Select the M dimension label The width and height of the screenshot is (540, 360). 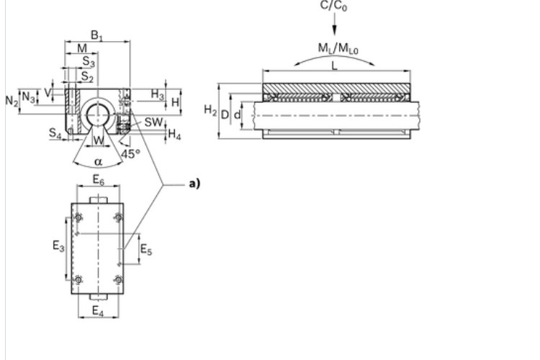[82, 48]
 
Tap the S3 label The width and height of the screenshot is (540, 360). [87, 62]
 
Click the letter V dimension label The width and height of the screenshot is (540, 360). [48, 93]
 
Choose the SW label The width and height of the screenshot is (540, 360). [153, 122]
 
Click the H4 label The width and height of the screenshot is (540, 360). [175, 135]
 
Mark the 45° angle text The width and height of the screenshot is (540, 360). [130, 153]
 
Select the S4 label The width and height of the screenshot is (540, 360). [55, 132]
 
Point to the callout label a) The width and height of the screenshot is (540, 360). [194, 184]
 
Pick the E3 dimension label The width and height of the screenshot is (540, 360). [58, 246]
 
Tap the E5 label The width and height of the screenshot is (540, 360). [145, 250]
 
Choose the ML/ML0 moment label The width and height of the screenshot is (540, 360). [335, 48]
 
